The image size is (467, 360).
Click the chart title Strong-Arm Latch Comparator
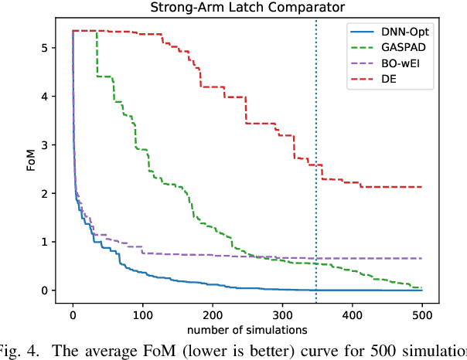tap(247, 9)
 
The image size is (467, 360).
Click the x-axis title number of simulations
tap(247, 331)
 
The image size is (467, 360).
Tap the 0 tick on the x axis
tap(73, 316)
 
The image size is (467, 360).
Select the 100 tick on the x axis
tap(142, 316)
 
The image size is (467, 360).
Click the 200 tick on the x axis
tap(213, 316)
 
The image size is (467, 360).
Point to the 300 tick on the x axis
tap(282, 316)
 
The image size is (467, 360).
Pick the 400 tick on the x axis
tap(353, 316)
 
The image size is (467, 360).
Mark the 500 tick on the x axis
tap(422, 316)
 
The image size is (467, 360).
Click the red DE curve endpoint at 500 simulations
tap(422, 187)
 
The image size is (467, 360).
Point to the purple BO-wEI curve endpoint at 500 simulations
tap(422, 258)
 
